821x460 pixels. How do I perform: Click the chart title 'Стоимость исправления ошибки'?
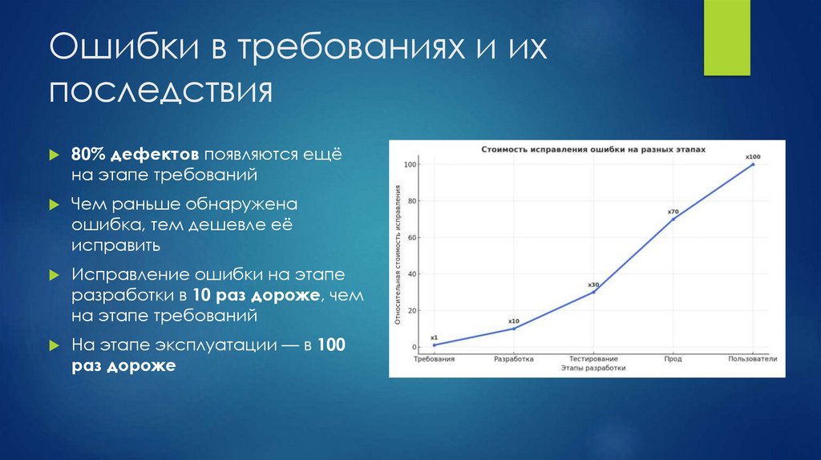592,150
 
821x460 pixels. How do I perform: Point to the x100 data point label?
752,156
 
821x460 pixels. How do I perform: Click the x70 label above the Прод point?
673,212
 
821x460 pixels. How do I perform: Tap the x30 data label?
593,284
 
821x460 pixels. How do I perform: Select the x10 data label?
514,321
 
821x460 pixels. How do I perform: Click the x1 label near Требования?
434,337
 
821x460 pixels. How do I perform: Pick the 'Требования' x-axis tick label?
434,359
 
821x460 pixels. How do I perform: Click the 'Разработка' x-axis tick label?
514,359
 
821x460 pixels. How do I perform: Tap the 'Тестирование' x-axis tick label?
593,359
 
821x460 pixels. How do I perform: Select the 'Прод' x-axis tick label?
673,359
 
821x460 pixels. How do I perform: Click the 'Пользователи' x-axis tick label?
752,359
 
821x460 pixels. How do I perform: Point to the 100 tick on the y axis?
410,165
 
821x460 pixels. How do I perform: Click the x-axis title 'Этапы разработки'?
592,368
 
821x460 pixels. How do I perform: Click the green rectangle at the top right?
726,38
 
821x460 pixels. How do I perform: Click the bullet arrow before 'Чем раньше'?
54,204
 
